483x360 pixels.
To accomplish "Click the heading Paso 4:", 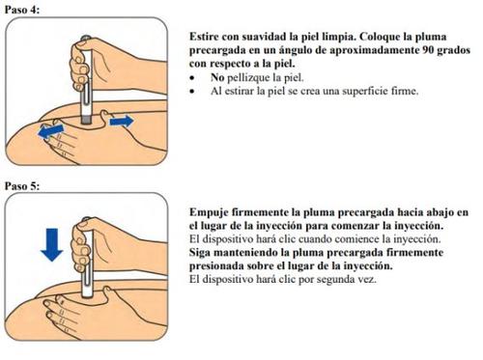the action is pos(22,10).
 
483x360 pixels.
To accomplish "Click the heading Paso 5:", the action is pos(22,186).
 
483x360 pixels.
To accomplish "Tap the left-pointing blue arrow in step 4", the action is pos(51,131).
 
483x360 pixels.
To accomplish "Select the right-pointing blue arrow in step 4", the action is pos(122,122).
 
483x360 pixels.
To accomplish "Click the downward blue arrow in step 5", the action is pos(52,244).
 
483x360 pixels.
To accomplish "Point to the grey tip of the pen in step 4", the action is pos(86,120).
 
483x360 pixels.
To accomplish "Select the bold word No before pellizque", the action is pos(217,77).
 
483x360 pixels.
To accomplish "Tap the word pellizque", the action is pos(248,78).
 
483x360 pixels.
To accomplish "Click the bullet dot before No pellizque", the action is pos(192,78).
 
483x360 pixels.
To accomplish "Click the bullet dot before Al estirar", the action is pos(192,92).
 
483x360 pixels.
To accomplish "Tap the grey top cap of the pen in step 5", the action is pos(86,219).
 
